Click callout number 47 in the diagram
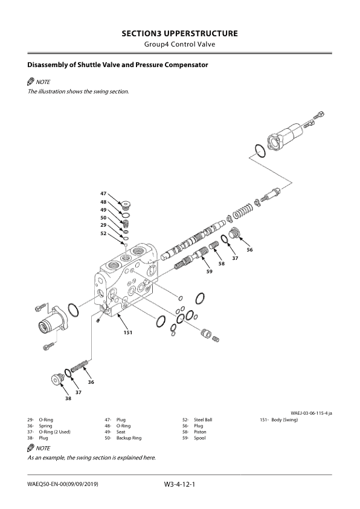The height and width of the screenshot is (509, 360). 103,193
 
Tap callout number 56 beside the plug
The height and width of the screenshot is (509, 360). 249,249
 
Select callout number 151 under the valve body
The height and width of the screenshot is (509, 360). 128,332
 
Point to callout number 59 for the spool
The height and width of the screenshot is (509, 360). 209,271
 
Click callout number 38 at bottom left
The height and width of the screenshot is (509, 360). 68,399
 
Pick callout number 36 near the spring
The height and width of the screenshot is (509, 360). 91,381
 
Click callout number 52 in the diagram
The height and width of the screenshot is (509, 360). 103,233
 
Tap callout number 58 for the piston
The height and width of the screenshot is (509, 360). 221,264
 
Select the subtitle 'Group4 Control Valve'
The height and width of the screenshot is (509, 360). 179,45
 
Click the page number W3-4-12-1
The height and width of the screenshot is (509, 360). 179,484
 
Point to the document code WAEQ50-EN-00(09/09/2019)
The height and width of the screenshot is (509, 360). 63,485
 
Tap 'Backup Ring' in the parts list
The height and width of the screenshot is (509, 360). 129,438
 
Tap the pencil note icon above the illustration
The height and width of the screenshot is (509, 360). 31,82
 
